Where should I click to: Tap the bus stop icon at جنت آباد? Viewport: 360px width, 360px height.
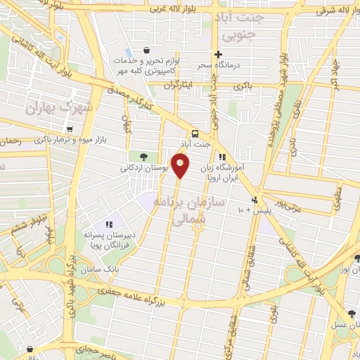[194, 134]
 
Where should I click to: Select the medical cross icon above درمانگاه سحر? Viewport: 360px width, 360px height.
[219, 54]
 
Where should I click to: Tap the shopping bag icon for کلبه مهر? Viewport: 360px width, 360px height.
[146, 51]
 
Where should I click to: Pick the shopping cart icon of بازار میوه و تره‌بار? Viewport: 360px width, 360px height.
[70, 129]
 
